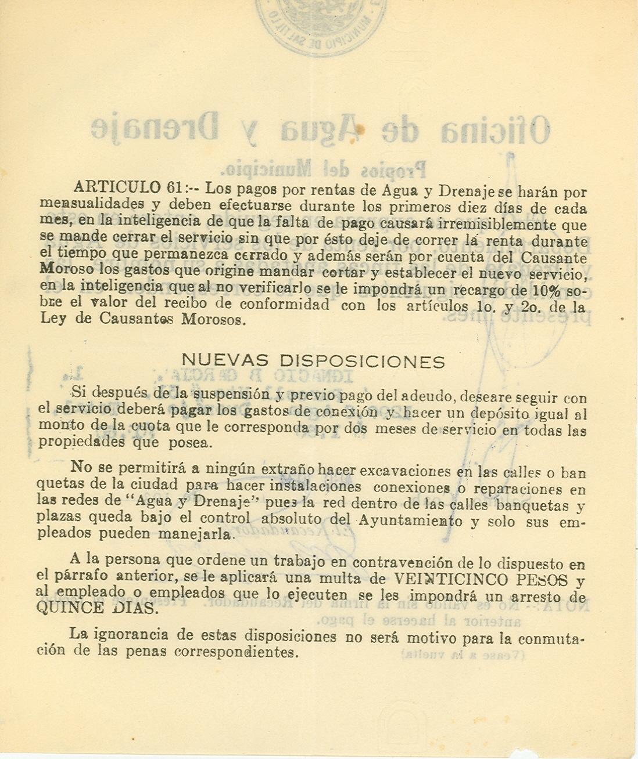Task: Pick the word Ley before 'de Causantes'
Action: click(x=53, y=319)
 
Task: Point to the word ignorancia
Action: click(x=129, y=634)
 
